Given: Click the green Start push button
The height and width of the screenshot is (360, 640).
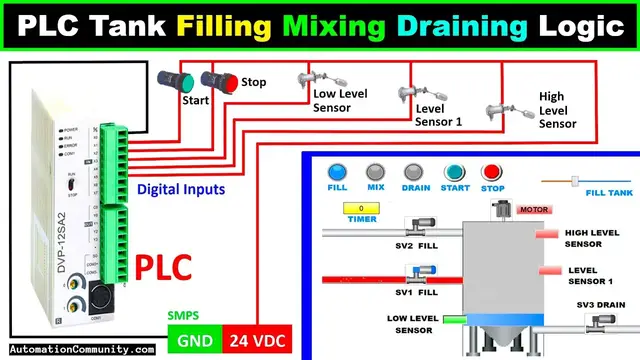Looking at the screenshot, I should point(170,79).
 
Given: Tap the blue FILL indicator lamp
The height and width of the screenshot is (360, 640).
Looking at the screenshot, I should point(337,172).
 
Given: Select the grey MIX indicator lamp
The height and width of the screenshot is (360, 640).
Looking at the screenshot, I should point(376,172).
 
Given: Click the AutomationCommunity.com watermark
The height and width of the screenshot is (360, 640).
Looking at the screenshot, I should point(78,350).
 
